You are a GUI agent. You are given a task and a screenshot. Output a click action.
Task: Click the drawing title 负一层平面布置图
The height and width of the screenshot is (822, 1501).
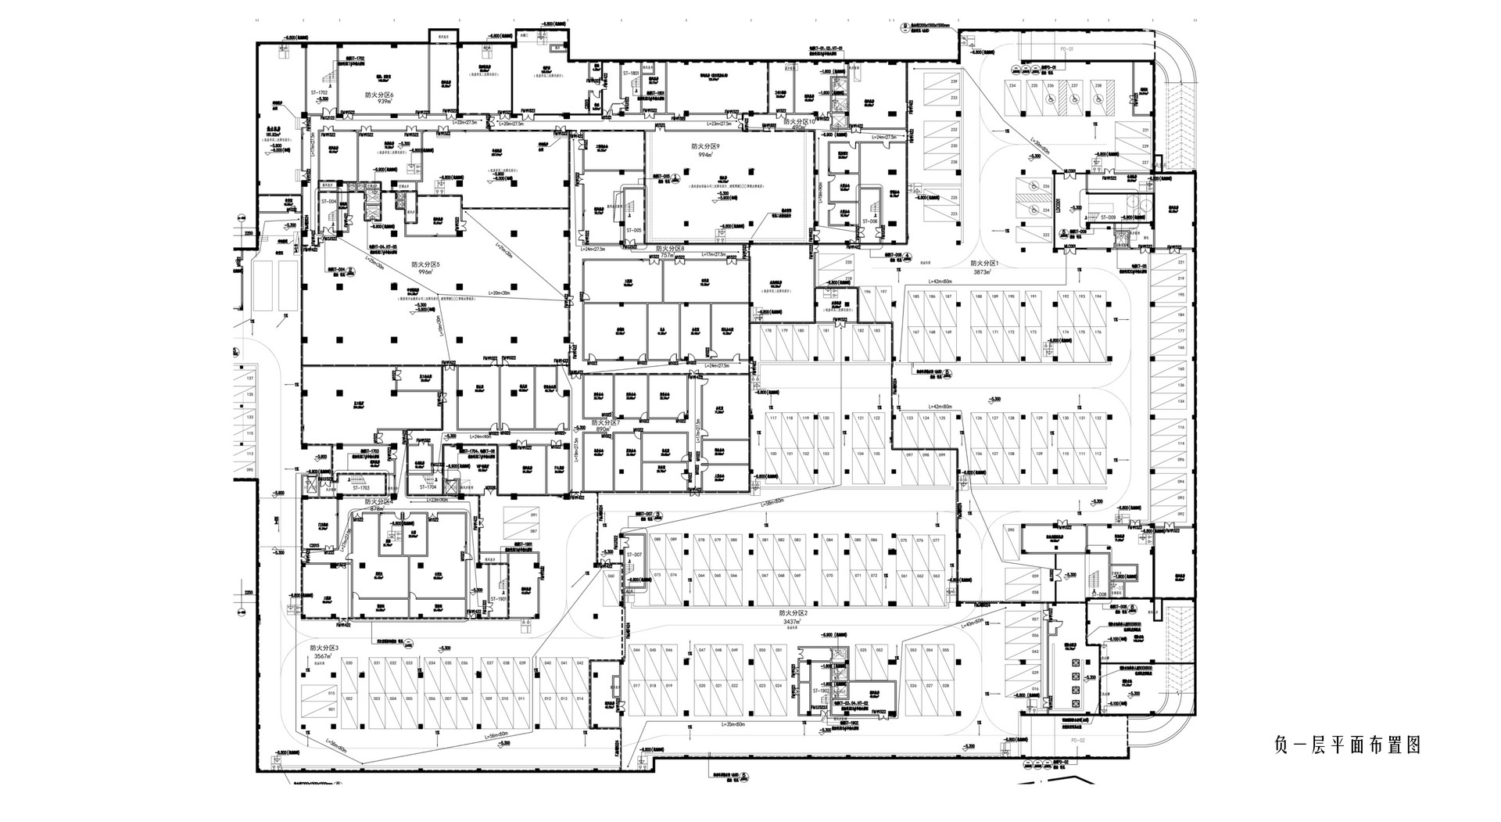click(1346, 745)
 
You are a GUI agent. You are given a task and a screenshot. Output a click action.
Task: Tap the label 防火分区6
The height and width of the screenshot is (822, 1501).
click(380, 95)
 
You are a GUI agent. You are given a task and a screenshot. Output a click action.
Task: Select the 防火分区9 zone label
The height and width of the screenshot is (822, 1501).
click(705, 146)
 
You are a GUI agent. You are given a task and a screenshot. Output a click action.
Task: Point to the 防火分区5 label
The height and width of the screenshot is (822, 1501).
click(427, 264)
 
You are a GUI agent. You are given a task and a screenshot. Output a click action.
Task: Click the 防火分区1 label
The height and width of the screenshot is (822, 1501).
click(984, 264)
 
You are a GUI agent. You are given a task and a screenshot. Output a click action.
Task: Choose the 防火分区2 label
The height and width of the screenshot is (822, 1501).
click(792, 614)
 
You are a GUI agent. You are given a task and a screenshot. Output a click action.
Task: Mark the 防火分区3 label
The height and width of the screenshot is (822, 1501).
click(323, 648)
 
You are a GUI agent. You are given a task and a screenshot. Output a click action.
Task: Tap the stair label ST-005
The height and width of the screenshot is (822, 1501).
click(633, 230)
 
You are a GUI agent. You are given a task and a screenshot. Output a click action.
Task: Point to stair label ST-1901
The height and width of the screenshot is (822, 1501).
click(498, 599)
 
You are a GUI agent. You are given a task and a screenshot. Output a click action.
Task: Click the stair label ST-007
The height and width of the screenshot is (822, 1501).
click(633, 555)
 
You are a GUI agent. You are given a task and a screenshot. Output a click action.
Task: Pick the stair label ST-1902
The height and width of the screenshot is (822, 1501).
click(820, 691)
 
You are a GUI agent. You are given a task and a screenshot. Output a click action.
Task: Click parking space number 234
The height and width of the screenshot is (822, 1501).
click(1012, 85)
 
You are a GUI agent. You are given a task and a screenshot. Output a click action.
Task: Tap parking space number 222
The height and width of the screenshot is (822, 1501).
click(1046, 235)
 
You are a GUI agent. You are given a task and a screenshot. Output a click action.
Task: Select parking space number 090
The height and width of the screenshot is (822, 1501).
click(1010, 530)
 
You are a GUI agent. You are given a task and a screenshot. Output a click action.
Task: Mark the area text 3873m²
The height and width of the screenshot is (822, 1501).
click(982, 273)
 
